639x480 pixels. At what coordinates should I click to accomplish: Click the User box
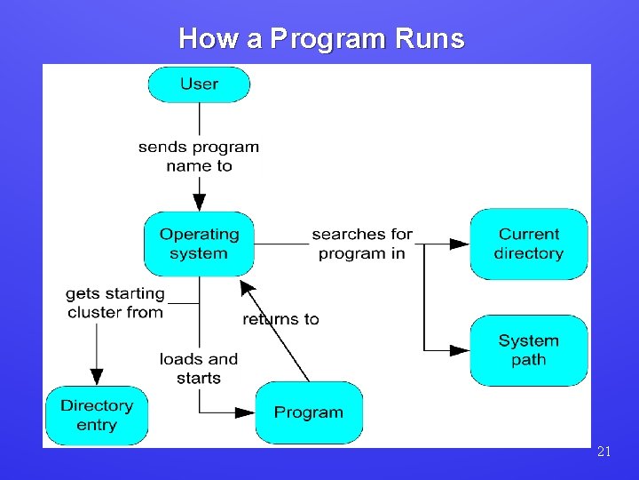(x=199, y=84)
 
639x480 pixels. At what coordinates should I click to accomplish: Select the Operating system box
(x=199, y=244)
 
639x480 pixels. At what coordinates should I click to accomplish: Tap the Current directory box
(x=528, y=244)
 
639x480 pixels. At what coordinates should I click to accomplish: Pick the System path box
(x=528, y=350)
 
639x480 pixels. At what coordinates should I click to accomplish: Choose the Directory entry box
(x=97, y=415)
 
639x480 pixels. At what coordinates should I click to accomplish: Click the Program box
(x=308, y=412)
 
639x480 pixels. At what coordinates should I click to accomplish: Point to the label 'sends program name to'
(x=199, y=156)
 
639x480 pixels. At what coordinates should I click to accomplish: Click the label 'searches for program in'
(x=362, y=244)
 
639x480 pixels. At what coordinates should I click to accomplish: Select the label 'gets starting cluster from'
(x=115, y=302)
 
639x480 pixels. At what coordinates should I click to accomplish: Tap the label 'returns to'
(x=280, y=319)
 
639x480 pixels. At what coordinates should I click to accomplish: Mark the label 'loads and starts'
(x=199, y=368)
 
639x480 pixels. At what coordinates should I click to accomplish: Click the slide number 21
(x=603, y=452)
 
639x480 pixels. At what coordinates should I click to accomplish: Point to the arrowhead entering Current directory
(x=459, y=244)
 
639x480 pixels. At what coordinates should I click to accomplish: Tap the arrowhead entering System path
(x=459, y=350)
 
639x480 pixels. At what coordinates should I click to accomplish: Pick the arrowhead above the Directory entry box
(x=97, y=377)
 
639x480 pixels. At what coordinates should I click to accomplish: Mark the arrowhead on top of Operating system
(x=199, y=203)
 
